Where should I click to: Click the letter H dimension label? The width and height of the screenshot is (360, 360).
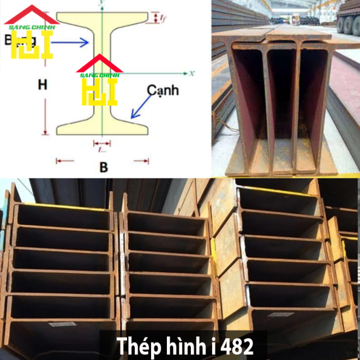[42, 85]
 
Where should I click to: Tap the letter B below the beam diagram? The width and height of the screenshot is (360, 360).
[103, 167]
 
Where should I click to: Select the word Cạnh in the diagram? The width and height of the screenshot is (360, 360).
[163, 91]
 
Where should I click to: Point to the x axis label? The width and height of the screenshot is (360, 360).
[192, 72]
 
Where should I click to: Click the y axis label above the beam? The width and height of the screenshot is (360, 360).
[101, 3]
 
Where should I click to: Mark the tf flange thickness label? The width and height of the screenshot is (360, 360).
[163, 18]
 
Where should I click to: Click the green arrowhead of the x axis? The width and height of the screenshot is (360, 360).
[185, 72]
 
